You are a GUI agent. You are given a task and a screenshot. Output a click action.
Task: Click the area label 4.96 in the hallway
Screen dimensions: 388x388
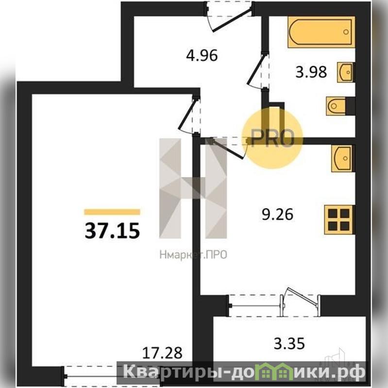(202, 55)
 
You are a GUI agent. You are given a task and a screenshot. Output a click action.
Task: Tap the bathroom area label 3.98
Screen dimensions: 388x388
(311, 72)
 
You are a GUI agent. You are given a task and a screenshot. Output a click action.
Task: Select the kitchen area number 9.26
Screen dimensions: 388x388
(277, 214)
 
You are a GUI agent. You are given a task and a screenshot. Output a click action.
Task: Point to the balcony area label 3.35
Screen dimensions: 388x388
(289, 344)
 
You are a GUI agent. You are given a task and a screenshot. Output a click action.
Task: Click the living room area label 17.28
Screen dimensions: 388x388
(162, 353)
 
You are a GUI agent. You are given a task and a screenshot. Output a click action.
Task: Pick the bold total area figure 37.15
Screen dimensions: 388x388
(112, 231)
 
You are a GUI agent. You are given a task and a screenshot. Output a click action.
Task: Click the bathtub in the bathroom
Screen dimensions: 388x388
(321, 32)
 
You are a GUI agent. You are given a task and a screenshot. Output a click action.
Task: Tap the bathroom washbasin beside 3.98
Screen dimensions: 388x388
(346, 72)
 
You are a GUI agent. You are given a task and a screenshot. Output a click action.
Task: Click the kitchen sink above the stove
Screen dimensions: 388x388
(343, 158)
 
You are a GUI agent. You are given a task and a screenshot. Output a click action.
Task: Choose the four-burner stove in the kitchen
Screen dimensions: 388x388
(339, 219)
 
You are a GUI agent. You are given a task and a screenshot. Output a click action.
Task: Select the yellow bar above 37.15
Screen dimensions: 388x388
(112, 212)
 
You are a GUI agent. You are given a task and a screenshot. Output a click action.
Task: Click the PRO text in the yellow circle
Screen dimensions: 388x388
(272, 138)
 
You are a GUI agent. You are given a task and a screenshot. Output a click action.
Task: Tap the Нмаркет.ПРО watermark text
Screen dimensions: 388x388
(193, 254)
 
